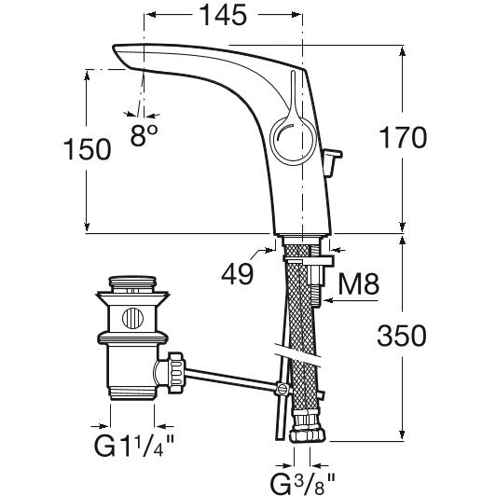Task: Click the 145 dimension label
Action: pyautogui.click(x=224, y=15)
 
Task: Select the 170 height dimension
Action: pyautogui.click(x=403, y=138)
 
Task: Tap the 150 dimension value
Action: pyautogui.click(x=88, y=149)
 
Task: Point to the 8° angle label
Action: pyautogui.click(x=144, y=135)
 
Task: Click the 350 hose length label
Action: pyautogui.click(x=402, y=336)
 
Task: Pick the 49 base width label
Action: pyautogui.click(x=238, y=273)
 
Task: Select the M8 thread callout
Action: pyautogui.click(x=358, y=283)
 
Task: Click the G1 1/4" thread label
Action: pyautogui.click(x=134, y=446)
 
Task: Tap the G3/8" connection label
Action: pyautogui.click(x=302, y=483)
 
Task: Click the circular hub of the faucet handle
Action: pyautogui.click(x=293, y=141)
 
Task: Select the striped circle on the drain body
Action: pyautogui.click(x=132, y=318)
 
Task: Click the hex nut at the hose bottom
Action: pyautogui.click(x=307, y=435)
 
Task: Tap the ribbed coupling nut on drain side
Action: pyautogui.click(x=175, y=373)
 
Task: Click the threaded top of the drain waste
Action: pyautogui.click(x=132, y=282)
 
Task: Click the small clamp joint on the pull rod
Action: pyautogui.click(x=282, y=389)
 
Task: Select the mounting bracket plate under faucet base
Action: pyautogui.click(x=309, y=261)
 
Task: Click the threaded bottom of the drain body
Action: pyautogui.click(x=132, y=393)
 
